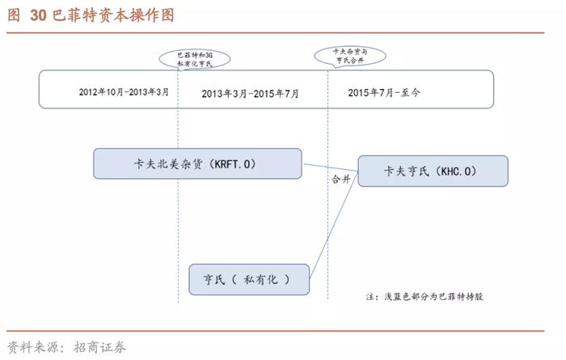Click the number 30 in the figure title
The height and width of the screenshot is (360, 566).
[x=38, y=15]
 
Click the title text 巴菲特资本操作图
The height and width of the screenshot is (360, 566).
[x=113, y=15]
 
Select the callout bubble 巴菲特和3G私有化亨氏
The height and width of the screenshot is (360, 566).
[x=195, y=59]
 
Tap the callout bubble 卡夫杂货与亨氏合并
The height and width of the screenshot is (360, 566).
[x=350, y=56]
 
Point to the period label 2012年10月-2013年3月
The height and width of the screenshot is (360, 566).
[x=124, y=92]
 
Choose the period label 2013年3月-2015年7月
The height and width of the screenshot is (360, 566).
[x=250, y=94]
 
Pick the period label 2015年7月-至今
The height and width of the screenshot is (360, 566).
[x=384, y=93]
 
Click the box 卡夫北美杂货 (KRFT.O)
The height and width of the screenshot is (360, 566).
[x=197, y=163]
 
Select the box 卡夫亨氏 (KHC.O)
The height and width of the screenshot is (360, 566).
[x=433, y=172]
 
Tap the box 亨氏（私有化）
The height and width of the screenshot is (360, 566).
[x=249, y=279]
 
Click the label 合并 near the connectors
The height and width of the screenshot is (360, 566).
[x=341, y=179]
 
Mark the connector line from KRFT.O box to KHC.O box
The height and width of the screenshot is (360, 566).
[x=331, y=167]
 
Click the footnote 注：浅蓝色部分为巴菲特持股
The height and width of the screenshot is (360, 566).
[x=424, y=297]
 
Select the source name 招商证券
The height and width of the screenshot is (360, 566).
[x=99, y=347]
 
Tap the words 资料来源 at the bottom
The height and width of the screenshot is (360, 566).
[x=33, y=347]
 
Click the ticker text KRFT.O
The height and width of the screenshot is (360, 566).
[x=232, y=164]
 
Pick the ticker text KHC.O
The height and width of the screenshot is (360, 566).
[x=456, y=172]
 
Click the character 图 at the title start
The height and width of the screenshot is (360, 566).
[x=14, y=15]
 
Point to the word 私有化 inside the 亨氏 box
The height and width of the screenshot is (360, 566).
[x=260, y=279]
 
